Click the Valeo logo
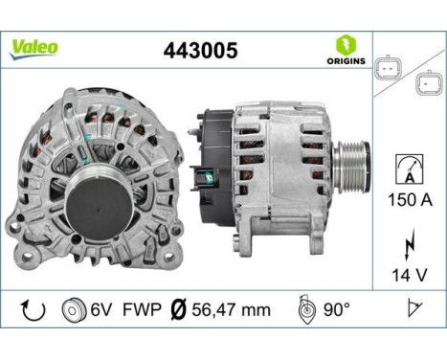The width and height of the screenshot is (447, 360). [34, 48]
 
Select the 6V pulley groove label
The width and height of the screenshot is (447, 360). [101, 311]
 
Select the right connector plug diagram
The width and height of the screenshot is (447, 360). [425, 85]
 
